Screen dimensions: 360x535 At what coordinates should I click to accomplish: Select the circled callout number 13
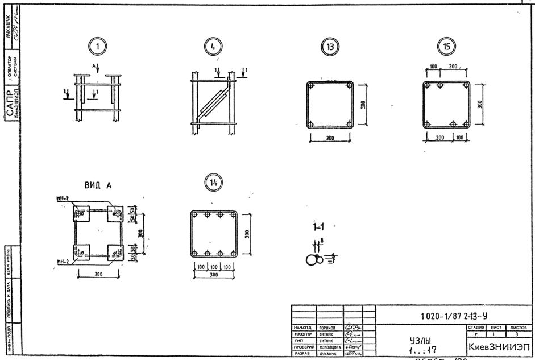(329, 48)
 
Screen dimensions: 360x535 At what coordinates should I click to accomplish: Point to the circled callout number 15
(446, 47)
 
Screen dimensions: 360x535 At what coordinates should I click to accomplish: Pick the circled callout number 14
(214, 182)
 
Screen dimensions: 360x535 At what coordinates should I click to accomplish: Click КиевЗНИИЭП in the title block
(498, 346)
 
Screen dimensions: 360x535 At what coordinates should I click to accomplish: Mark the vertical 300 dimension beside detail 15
(481, 104)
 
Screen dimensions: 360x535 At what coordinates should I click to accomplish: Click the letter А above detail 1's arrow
(94, 65)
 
